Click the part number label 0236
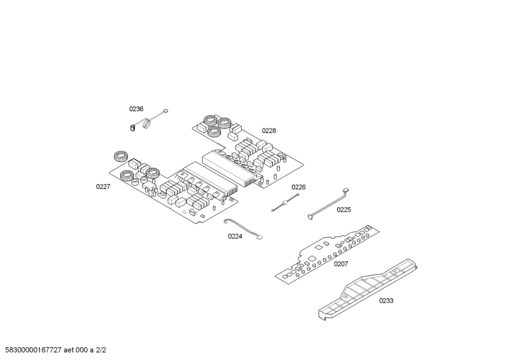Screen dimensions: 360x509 pos(136,109)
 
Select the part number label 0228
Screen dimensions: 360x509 pos(268,131)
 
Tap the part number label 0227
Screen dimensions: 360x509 pos(103,186)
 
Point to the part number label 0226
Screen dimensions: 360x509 pos(298,187)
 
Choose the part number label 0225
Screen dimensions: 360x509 pos(344,209)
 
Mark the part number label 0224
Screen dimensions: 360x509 pos(235,236)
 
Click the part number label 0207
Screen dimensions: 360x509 pos(341,264)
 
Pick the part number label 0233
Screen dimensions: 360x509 pos(386,301)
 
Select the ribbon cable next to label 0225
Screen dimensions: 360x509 pos(328,204)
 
